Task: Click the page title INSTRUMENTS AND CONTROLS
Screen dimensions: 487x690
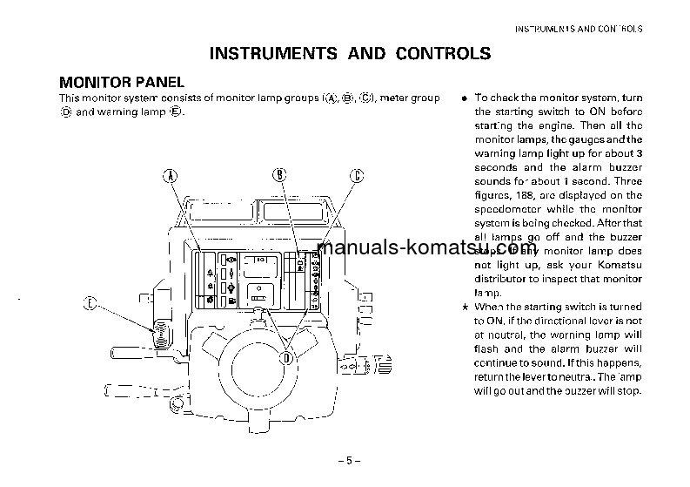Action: coord(350,54)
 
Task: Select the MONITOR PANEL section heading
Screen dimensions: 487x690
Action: coord(121,83)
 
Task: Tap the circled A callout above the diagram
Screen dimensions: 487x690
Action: coord(171,175)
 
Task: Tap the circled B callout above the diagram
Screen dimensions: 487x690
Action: coord(279,174)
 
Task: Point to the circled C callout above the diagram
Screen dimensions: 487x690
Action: coord(356,175)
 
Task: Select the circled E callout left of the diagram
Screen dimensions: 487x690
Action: coord(89,303)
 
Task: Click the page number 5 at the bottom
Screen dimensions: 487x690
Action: coord(345,461)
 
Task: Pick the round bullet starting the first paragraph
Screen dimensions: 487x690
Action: coord(465,98)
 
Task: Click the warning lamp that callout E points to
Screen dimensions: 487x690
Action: coord(160,330)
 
